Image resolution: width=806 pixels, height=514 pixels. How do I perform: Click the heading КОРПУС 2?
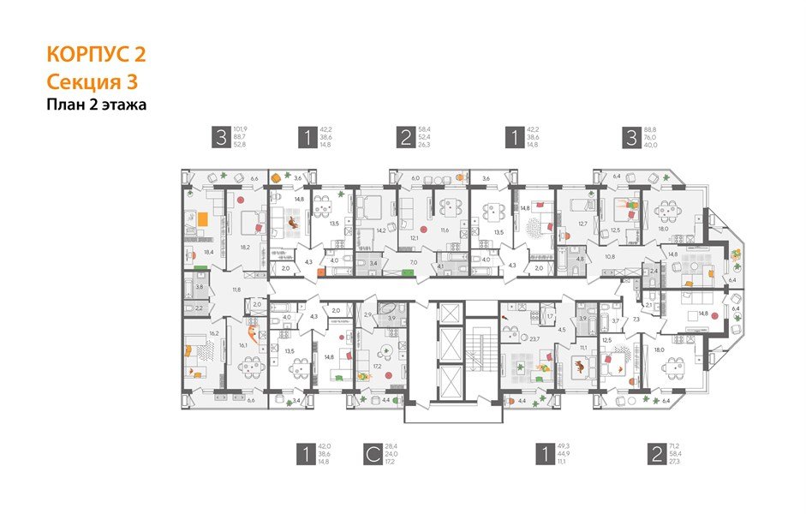pos(96,55)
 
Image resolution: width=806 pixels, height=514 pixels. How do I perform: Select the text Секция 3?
pos(91,82)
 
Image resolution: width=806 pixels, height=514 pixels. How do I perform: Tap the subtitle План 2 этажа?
pos(97,105)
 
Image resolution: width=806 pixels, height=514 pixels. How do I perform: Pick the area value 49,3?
pos(564,446)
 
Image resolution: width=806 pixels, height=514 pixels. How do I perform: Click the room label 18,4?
pos(209,253)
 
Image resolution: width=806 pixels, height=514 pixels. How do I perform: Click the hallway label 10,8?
pos(610,256)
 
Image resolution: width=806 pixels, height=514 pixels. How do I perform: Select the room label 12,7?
pos(582,224)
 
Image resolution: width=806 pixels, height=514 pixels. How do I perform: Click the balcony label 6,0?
pos(415,179)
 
